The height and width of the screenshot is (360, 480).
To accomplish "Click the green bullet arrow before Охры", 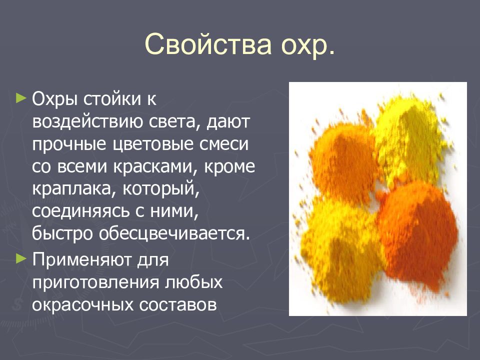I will (20, 97).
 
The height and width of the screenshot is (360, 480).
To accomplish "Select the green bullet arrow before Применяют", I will (20, 258).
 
